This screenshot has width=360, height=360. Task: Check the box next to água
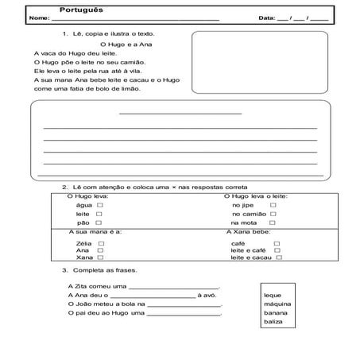click(x=99, y=205)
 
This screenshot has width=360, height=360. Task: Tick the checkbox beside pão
click(x=99, y=223)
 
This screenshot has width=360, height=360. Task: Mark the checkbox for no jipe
click(x=273, y=205)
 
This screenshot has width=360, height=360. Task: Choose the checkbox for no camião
click(x=273, y=215)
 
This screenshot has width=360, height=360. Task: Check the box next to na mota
click(x=273, y=224)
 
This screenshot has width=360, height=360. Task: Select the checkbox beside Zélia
click(x=100, y=243)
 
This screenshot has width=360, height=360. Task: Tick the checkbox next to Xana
click(x=100, y=258)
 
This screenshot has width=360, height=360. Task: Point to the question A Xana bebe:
click(x=249, y=233)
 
